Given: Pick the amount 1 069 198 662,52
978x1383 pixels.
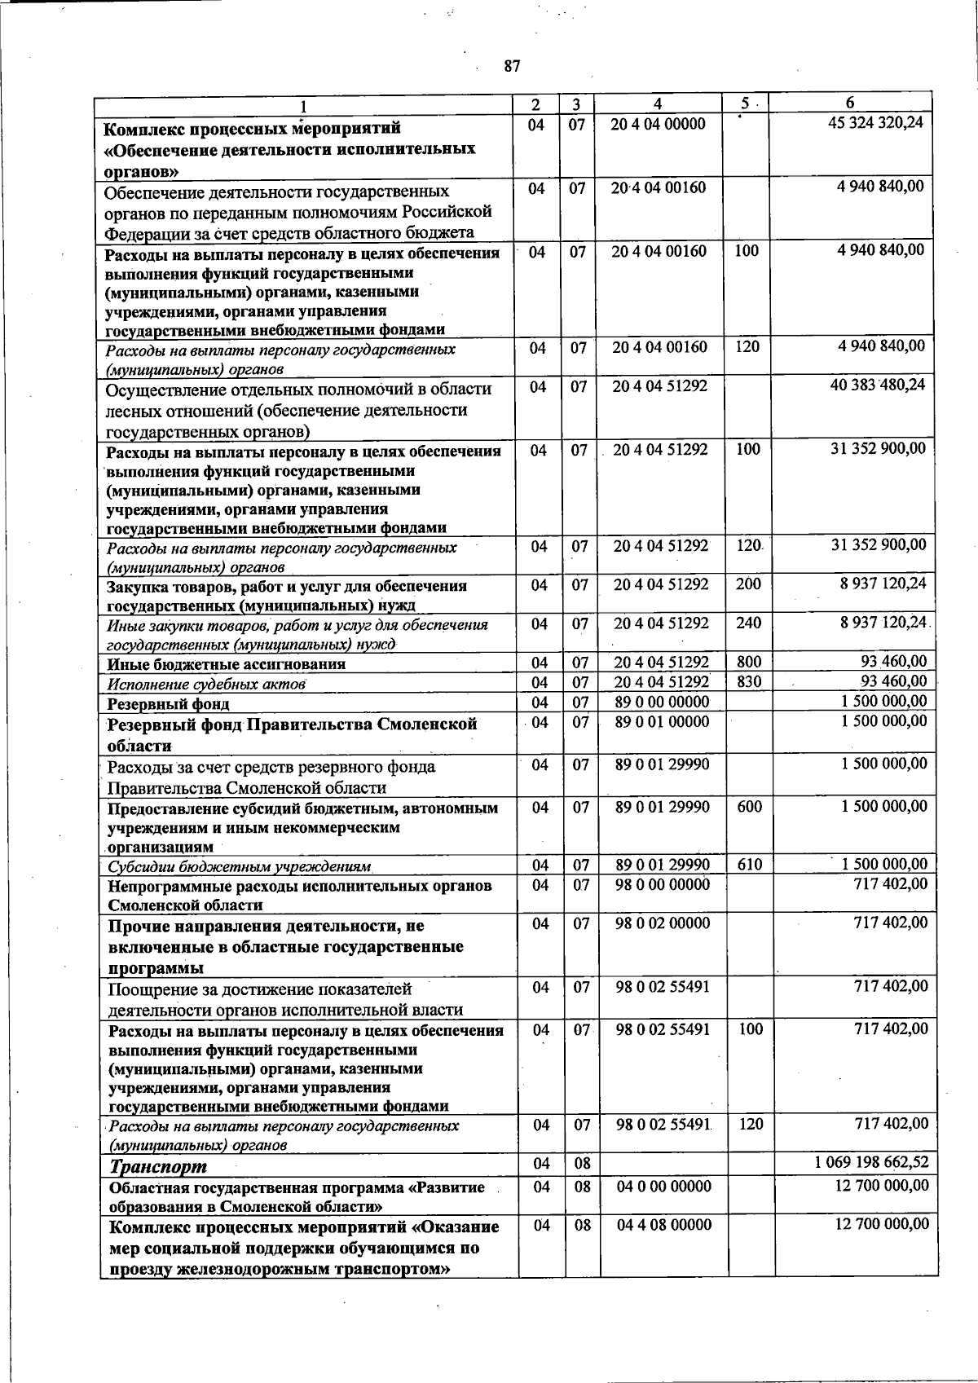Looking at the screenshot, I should [x=871, y=1162].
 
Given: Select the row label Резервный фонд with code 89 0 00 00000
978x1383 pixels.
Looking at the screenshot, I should [x=169, y=703].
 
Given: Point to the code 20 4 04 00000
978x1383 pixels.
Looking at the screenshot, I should [x=659, y=124].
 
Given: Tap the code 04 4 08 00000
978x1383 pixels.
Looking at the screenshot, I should [x=664, y=1225].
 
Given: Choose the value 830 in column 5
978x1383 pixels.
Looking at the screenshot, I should [x=748, y=681].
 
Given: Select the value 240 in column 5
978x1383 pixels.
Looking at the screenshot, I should [x=748, y=623].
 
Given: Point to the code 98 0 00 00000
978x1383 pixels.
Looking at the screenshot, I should [x=663, y=884].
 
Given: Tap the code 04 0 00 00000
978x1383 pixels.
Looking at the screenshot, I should [x=664, y=1187].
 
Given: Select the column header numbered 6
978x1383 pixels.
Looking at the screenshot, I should [x=850, y=104].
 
